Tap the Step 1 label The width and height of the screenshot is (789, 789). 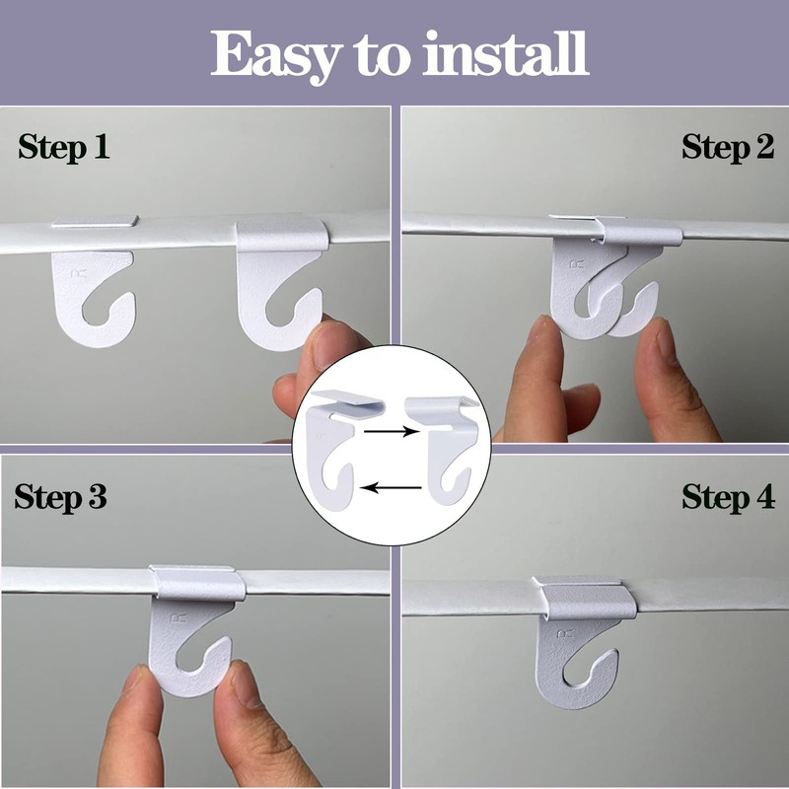(x=63, y=149)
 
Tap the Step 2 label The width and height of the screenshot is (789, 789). (x=727, y=149)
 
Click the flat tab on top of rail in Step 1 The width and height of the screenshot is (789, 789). (x=95, y=221)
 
